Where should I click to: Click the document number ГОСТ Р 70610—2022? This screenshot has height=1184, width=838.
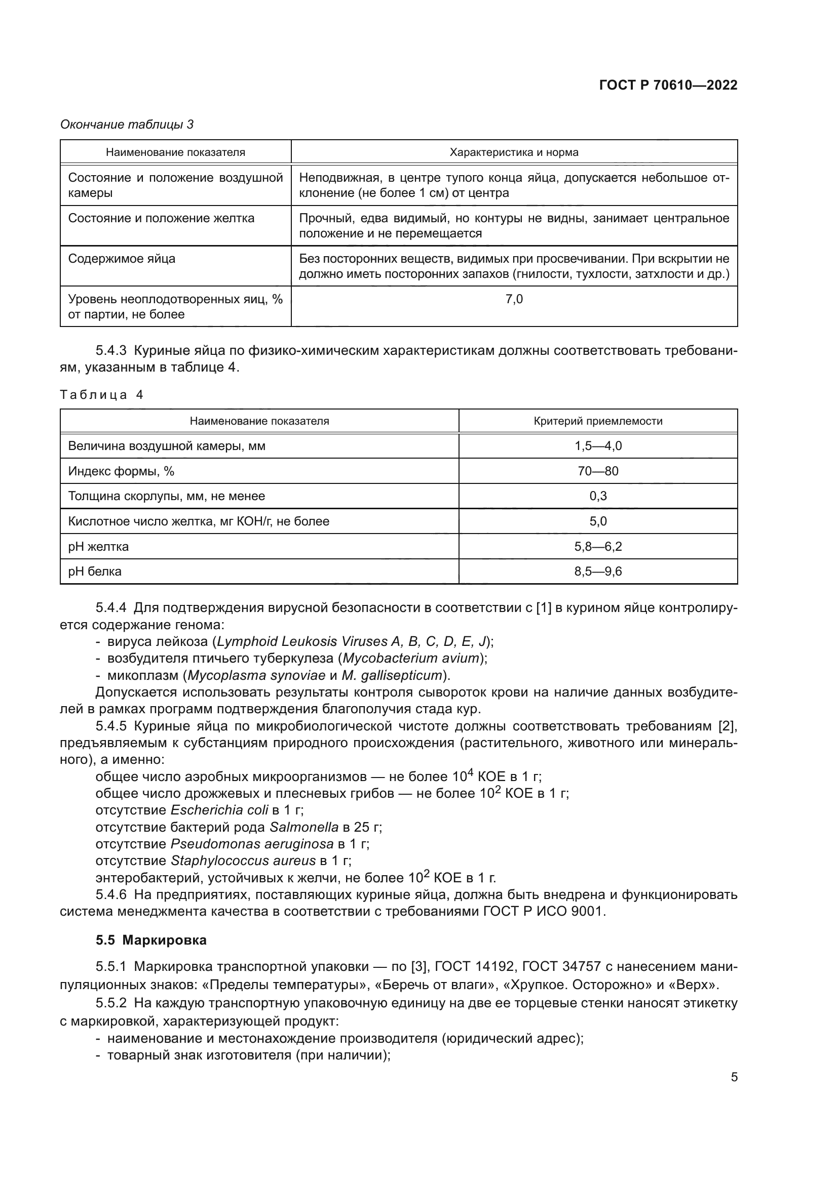click(668, 85)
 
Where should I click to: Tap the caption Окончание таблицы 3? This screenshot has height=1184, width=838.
click(127, 125)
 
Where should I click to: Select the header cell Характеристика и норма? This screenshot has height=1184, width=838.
click(514, 152)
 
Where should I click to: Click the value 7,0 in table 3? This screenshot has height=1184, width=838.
click(514, 299)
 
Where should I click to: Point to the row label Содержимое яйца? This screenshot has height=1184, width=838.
click(122, 259)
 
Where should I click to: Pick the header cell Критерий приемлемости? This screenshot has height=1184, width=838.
click(597, 421)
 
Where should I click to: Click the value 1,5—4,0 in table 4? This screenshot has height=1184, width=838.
click(598, 446)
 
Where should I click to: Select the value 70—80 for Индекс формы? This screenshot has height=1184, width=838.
click(598, 471)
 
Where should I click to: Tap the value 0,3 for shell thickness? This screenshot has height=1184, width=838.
click(598, 496)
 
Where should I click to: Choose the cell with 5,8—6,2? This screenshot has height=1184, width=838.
click(598, 547)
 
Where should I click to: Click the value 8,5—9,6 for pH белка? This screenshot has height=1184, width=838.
click(598, 571)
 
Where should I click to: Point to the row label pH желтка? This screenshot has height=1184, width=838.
click(99, 547)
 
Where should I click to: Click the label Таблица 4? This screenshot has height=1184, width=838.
click(101, 395)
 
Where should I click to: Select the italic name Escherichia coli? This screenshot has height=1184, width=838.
click(219, 810)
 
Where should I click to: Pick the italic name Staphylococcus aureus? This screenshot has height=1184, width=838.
click(243, 861)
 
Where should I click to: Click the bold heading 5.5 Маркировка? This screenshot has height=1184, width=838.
click(151, 940)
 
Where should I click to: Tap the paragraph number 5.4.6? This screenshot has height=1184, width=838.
click(111, 894)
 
